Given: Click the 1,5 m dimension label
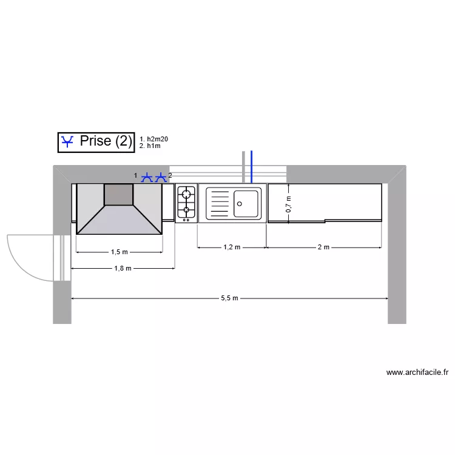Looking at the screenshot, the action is coord(120,252).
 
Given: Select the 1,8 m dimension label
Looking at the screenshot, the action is coord(123,268).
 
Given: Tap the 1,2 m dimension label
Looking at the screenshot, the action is coord(232,248).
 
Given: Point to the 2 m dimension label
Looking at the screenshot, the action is coord(323,248).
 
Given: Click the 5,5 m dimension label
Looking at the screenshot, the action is coord(229,298).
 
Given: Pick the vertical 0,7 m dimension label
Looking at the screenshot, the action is coord(288,204).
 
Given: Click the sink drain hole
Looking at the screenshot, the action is coord(240,204).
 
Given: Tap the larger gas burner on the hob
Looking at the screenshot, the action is coord(186,193).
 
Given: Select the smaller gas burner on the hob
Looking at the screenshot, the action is coord(186,210).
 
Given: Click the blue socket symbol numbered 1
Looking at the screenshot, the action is coord(147,178).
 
